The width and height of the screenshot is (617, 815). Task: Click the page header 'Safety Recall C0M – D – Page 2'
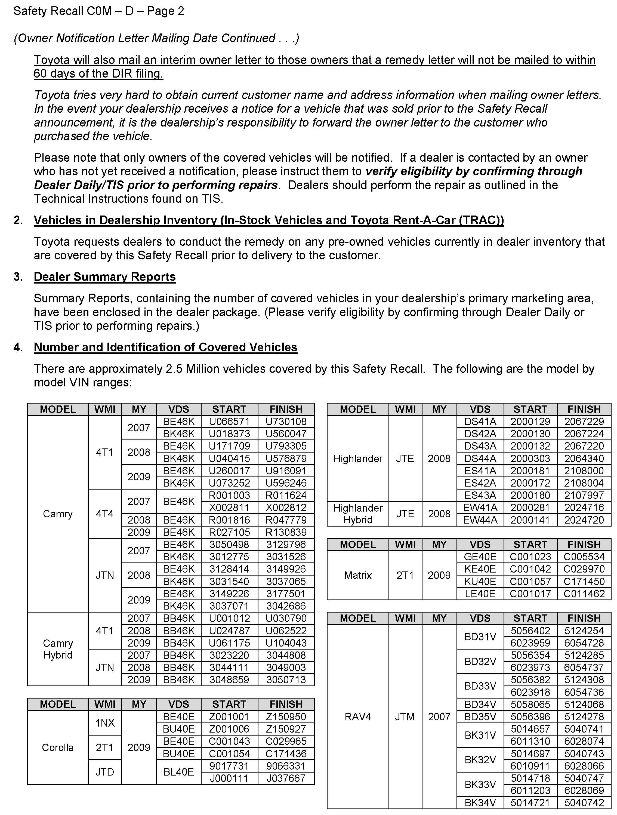tap(99, 11)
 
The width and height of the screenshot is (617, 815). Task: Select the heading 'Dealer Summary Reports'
tap(105, 277)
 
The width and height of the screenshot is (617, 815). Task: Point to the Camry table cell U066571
tap(229, 422)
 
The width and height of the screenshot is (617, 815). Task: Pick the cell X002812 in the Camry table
tap(286, 507)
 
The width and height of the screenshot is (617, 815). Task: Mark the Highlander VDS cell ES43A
tap(480, 495)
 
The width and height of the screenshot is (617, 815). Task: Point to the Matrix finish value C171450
tap(584, 582)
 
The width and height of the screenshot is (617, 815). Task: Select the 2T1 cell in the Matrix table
tap(405, 575)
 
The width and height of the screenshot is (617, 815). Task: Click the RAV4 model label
tap(358, 716)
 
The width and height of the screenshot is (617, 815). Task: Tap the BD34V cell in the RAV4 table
tap(480, 704)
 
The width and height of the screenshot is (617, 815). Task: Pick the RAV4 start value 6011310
tap(530, 741)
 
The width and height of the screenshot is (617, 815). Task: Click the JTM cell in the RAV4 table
tap(405, 716)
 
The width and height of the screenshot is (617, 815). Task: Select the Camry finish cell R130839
tap(286, 532)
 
